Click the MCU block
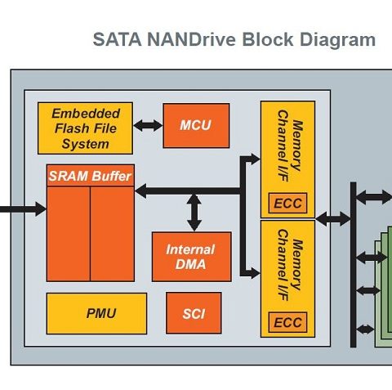click(196, 126)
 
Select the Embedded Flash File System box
click(85, 128)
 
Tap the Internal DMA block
click(192, 257)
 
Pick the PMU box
click(96, 313)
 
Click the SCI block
click(194, 313)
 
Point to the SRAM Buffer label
click(90, 176)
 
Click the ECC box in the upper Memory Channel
click(287, 203)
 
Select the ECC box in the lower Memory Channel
click(287, 322)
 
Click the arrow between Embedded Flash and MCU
click(148, 126)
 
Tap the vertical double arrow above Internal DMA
click(194, 213)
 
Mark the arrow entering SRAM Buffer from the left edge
click(23, 209)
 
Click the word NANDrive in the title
click(191, 39)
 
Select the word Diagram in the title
click(337, 40)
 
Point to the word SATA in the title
click(117, 39)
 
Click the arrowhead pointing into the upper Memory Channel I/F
click(255, 159)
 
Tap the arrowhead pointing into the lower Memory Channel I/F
click(255, 273)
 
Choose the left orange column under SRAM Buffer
click(69, 234)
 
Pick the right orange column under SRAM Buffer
click(112, 234)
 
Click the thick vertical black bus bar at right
click(353, 265)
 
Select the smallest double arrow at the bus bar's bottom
click(365, 329)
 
